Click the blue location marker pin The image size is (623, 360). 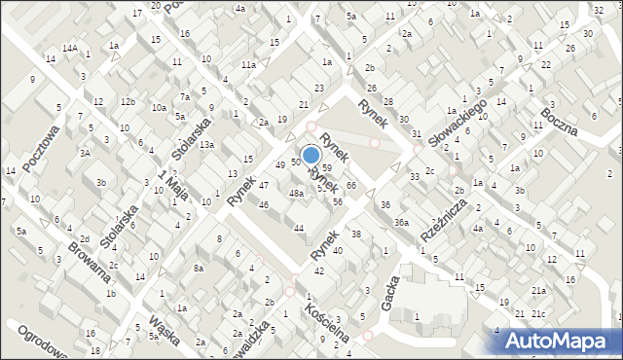coord(311,155)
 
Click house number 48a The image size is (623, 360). coord(296,194)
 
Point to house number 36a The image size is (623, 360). coord(400,223)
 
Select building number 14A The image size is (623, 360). coord(70,48)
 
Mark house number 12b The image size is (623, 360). coord(128,101)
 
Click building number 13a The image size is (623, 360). coord(206,145)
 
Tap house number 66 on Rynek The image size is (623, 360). coord(350,185)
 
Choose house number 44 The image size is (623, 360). coord(299,228)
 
